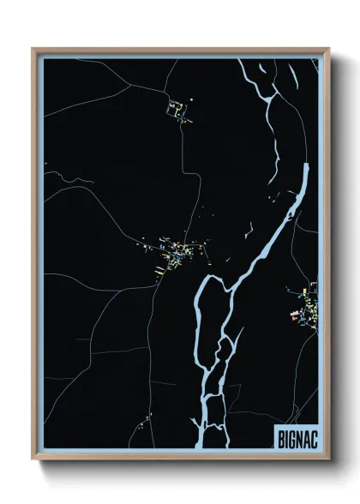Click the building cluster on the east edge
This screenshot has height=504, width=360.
pos(306,309)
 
